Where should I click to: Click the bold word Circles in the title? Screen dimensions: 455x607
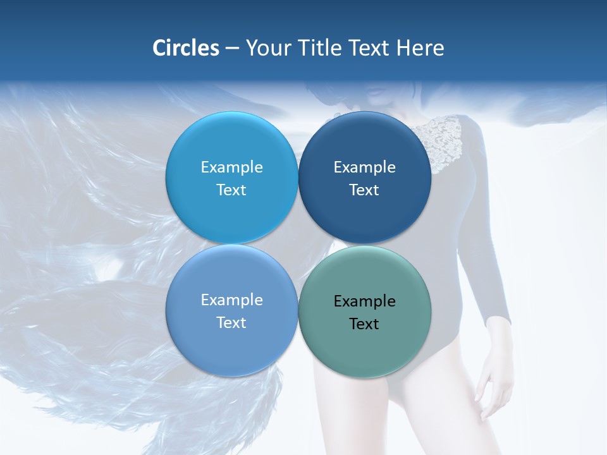click(186, 48)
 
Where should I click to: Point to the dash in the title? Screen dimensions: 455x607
click(232, 49)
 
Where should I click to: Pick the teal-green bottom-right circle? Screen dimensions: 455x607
click(365, 348)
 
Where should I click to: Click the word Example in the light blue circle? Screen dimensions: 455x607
click(231, 167)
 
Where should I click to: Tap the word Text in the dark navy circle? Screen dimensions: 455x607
click(364, 190)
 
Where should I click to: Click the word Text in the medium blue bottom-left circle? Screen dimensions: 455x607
click(231, 323)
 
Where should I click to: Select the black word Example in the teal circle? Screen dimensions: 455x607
click(364, 301)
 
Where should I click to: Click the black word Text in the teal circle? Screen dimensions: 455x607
click(364, 324)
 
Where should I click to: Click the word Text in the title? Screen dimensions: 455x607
click(372, 48)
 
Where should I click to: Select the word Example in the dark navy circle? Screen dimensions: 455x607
click(364, 167)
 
